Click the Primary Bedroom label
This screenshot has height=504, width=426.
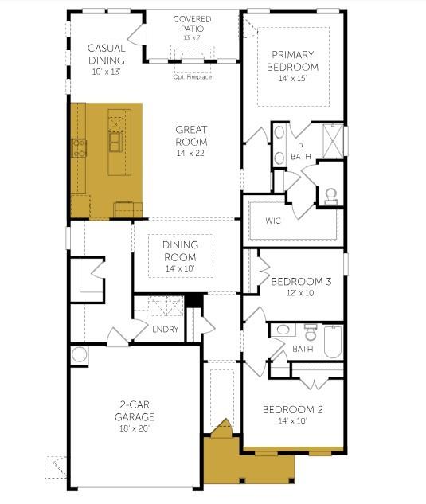tap(292, 61)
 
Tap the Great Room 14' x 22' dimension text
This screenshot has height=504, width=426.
tap(191, 153)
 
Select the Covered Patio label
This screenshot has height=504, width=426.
tap(192, 24)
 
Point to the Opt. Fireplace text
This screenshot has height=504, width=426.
tap(192, 76)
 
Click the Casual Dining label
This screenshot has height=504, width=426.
tap(107, 54)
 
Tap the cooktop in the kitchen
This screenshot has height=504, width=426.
tap(79, 148)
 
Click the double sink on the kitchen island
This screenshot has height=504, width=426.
tap(115, 142)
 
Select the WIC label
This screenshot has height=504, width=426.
tap(273, 221)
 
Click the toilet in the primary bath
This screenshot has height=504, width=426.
tap(330, 197)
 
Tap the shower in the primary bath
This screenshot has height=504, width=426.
tap(333, 141)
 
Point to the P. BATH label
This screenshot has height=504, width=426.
tap(301, 152)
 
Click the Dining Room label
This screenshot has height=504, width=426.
tap(180, 251)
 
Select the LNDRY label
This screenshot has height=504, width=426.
tap(166, 329)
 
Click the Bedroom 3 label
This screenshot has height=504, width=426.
tap(301, 282)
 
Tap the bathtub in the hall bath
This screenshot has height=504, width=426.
tap(333, 342)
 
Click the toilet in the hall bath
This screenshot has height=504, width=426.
tap(311, 332)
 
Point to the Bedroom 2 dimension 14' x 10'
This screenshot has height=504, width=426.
tap(292, 420)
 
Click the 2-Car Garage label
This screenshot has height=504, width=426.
tap(135, 411)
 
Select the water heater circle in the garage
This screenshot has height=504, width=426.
tap(80, 355)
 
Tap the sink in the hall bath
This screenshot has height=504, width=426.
tap(283, 330)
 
